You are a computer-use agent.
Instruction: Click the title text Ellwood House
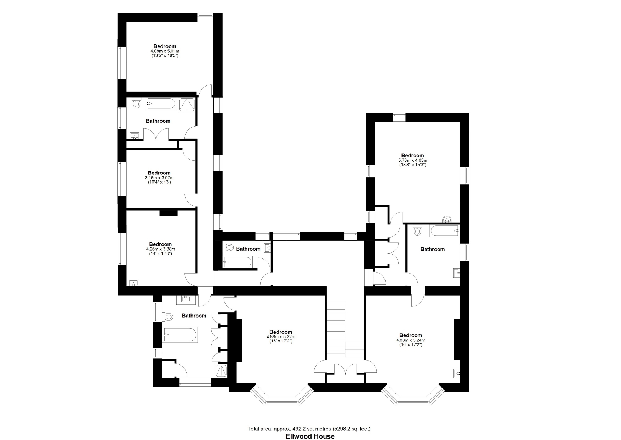point(310,436)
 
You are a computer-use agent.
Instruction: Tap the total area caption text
point(309,429)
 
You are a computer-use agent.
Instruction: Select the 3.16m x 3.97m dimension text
point(159,178)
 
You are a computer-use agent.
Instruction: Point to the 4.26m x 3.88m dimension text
point(160,249)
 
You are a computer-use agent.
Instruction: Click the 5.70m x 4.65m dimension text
point(412,160)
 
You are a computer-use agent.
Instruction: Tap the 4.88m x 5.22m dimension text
point(281,337)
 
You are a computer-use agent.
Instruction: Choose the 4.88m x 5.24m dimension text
point(411,340)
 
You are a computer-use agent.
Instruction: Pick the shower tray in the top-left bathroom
point(187,105)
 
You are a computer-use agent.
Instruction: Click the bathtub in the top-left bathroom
point(160,104)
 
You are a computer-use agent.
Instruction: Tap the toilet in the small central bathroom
point(228,247)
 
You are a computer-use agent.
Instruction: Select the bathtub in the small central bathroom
point(237,263)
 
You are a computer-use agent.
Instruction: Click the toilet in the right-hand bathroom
point(418,230)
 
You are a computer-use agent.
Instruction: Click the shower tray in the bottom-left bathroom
point(221,371)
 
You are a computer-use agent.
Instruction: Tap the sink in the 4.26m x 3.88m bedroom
point(134,283)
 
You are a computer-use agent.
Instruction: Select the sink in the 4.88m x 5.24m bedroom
point(456,373)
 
